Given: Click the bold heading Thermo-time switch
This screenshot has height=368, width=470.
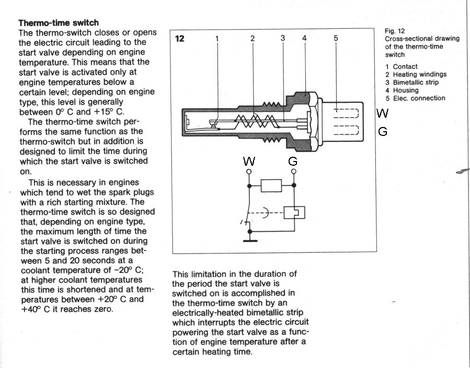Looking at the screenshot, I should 59,23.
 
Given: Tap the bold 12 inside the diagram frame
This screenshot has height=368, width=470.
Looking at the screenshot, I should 180,38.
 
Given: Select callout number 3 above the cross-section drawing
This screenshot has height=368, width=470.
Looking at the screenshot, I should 283,38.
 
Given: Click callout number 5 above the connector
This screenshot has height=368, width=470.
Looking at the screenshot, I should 336,38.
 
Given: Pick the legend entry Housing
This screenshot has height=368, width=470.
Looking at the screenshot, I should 405,90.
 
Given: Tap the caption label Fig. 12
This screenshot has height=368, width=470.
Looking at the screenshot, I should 395,31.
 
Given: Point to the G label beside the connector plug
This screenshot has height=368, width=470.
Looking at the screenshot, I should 383,132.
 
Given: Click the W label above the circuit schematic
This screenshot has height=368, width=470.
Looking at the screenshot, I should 249,162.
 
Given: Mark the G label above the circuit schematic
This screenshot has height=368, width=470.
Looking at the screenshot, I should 293,162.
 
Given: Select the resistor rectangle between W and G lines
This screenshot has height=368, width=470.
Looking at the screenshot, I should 271,185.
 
